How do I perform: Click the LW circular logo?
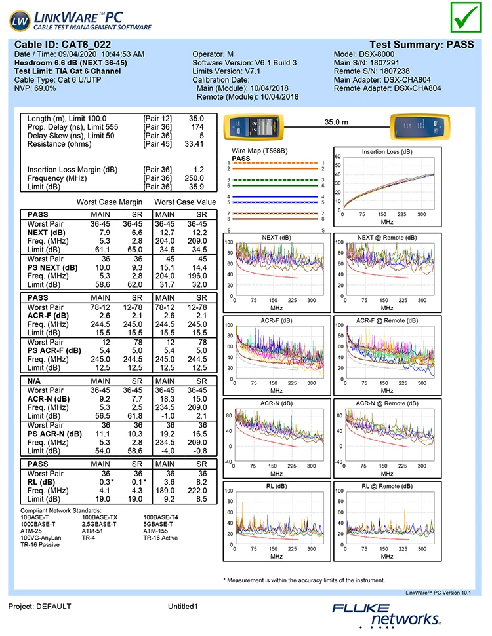click(20, 22)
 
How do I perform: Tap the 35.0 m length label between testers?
click(337, 122)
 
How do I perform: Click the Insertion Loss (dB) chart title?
click(387, 151)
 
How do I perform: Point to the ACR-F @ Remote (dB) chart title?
click(387, 321)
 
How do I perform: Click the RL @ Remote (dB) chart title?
click(387, 487)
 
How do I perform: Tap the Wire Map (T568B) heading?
click(260, 151)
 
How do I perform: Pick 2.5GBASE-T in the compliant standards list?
click(99, 524)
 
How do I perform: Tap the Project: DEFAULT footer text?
click(39, 607)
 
